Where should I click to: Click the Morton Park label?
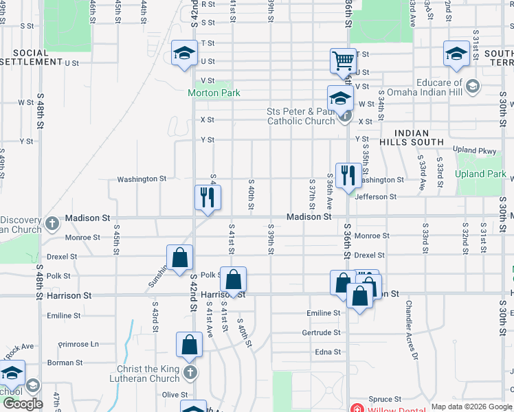click(x=214, y=93)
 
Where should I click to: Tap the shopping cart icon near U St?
click(x=343, y=60)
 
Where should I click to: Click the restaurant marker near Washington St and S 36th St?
click(x=348, y=176)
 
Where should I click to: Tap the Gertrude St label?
click(x=321, y=332)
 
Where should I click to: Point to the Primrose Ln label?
click(x=78, y=344)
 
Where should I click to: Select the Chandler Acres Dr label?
click(x=412, y=330)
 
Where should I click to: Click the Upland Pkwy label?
click(x=474, y=150)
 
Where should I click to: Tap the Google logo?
click(x=22, y=404)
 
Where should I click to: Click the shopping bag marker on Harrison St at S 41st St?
click(x=233, y=279)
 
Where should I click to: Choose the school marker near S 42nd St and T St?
click(x=184, y=53)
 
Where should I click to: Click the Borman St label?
click(x=66, y=363)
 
